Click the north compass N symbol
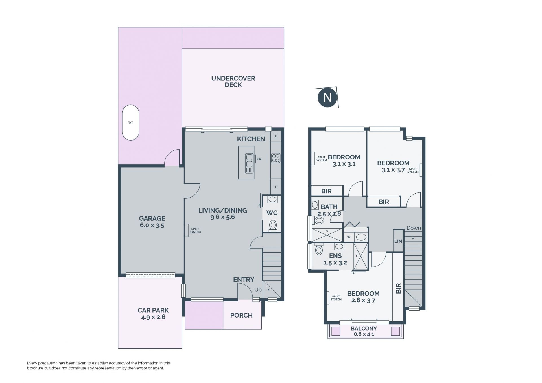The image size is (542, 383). (x=327, y=97)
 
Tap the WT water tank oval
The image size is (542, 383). (x=130, y=122)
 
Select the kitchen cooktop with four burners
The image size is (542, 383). (x=276, y=158)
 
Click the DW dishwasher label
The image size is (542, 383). (x=259, y=159)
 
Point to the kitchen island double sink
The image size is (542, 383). (x=249, y=163)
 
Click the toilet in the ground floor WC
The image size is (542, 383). (x=273, y=226)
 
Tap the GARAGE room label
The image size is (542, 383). (x=152, y=218)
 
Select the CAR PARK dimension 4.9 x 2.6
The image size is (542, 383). (x=153, y=317)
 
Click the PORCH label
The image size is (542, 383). (x=241, y=315)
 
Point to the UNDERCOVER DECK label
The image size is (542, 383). (x=233, y=82)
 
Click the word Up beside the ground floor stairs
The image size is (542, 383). (x=258, y=290)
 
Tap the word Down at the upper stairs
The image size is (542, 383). (x=414, y=228)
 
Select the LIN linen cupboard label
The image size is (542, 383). (x=398, y=241)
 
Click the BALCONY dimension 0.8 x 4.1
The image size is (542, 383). (x=364, y=334)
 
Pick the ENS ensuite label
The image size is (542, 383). (x=335, y=256)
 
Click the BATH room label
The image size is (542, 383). (x=329, y=207)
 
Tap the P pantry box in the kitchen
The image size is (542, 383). (x=276, y=136)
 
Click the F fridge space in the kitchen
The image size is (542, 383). (x=276, y=187)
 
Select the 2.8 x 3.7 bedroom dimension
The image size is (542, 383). (x=363, y=301)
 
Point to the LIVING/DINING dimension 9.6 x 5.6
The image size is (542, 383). (x=223, y=217)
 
